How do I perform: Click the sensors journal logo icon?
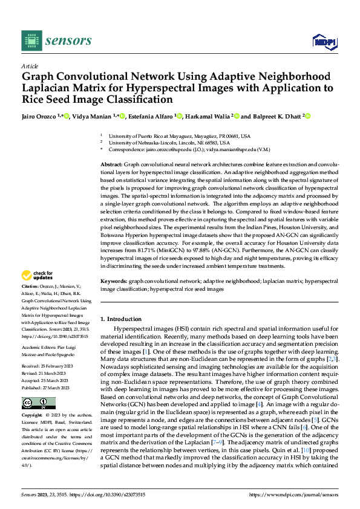[31, 41]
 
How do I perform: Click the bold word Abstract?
[111, 164]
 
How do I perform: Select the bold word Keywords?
[114, 282]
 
